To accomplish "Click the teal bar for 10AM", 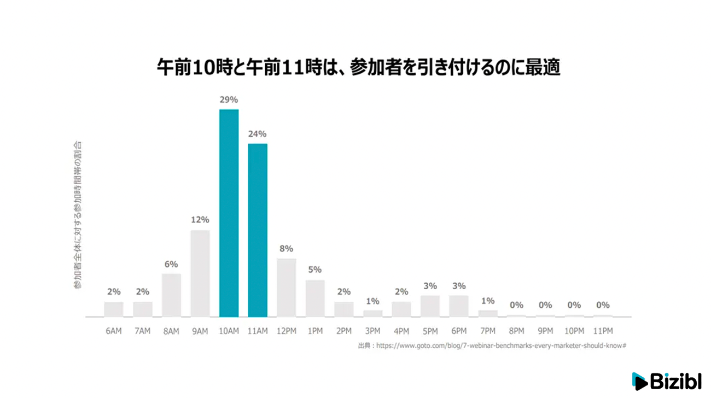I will pyautogui.click(x=229, y=213).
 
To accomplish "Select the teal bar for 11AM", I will pyautogui.click(x=258, y=230).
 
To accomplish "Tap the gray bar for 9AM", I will pyautogui.click(x=200, y=273).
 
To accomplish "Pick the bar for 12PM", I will pyautogui.click(x=286, y=288).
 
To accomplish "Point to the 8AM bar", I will pyautogui.click(x=171, y=295).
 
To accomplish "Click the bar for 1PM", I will pyautogui.click(x=315, y=298).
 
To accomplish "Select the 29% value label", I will pyautogui.click(x=229, y=100).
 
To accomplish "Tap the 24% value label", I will pyautogui.click(x=258, y=134).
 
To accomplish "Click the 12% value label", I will pyautogui.click(x=200, y=220).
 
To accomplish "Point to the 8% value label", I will pyautogui.click(x=286, y=248).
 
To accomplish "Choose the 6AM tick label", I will pyautogui.click(x=114, y=331).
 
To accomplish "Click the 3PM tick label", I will pyautogui.click(x=372, y=331).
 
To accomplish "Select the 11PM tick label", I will pyautogui.click(x=603, y=331).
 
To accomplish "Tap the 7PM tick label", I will pyautogui.click(x=488, y=331).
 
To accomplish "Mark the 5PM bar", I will pyautogui.click(x=430, y=306).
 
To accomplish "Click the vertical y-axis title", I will pyautogui.click(x=77, y=214).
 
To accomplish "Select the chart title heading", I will pyautogui.click(x=359, y=68).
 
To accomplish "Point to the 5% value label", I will pyautogui.click(x=315, y=270).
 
